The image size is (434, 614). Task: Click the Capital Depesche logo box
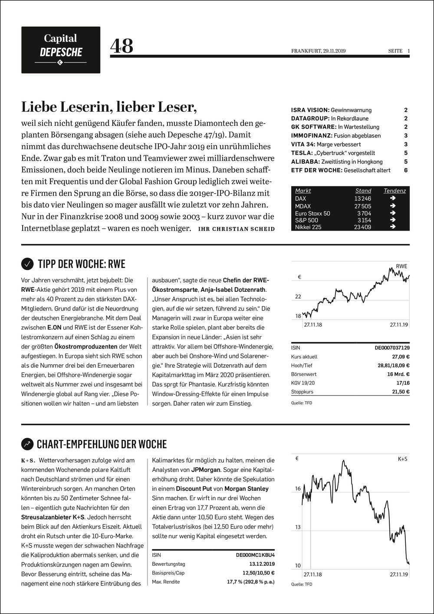point(61,50)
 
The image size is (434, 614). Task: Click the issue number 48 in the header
point(122,46)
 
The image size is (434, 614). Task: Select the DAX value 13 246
point(363,199)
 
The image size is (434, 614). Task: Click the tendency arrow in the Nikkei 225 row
point(393,227)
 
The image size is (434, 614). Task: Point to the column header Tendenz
point(395,191)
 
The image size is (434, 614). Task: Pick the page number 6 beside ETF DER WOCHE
point(406,170)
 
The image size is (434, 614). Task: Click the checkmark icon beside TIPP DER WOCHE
point(27,264)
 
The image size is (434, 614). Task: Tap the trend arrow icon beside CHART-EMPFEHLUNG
point(27,444)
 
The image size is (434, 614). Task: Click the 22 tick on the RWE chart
point(298,297)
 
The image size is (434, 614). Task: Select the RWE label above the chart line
point(401,266)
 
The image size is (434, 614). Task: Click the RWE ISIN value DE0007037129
point(392,348)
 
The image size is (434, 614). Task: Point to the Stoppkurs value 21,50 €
point(400,392)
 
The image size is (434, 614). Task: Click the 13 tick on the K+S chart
point(298,527)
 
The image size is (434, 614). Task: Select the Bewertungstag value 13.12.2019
point(262,564)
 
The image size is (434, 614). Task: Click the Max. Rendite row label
point(166,581)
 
